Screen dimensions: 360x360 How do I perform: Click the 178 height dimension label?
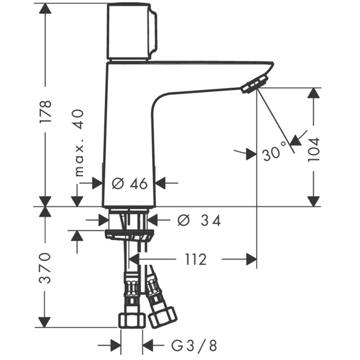(x=45, y=111)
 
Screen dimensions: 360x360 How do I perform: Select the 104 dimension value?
(x=314, y=149)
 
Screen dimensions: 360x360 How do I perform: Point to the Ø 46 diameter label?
(x=130, y=184)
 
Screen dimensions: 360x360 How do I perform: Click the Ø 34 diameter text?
(x=199, y=221)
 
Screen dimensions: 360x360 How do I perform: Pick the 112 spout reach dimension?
(x=196, y=260)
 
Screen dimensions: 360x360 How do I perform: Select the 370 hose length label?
(x=45, y=268)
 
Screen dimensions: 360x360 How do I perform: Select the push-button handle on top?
(x=132, y=32)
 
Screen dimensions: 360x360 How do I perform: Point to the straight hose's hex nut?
(x=132, y=321)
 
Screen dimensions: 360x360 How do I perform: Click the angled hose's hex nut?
(x=163, y=318)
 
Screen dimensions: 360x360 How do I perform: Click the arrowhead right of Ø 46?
(x=161, y=183)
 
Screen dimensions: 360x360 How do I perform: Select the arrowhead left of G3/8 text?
(x=116, y=345)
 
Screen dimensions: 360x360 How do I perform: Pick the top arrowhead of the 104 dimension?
(x=314, y=93)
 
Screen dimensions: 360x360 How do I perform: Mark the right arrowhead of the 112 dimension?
(x=251, y=259)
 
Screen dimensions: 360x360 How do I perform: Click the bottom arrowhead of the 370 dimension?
(x=44, y=322)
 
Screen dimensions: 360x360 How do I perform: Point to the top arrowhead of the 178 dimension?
(x=45, y=9)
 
